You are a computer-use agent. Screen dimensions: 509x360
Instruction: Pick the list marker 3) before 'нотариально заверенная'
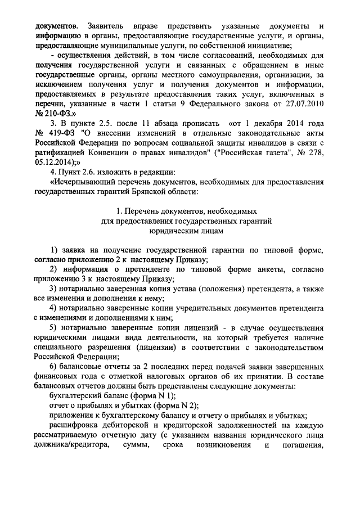coord(54,290)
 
